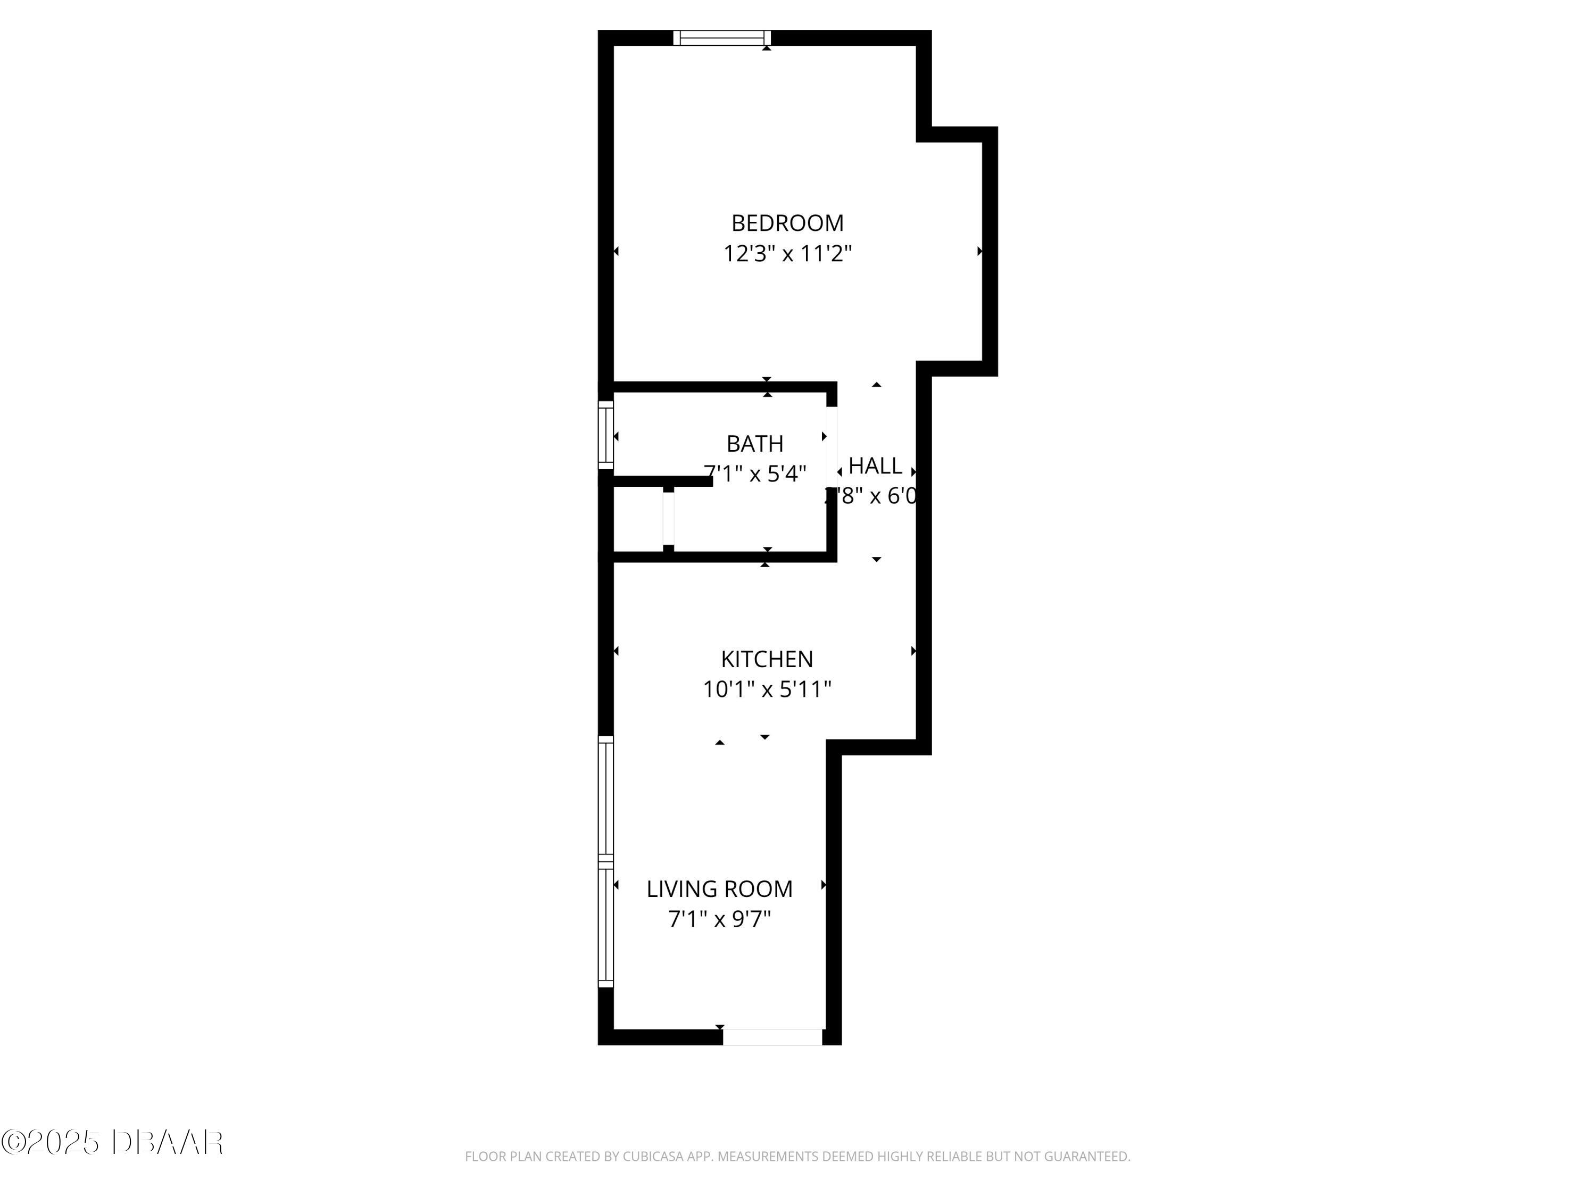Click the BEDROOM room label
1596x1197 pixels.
coord(787,223)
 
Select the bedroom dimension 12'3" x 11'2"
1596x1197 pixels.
coord(787,254)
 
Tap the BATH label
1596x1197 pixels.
coord(755,443)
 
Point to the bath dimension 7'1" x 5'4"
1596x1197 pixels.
coord(755,474)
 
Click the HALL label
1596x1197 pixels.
coord(875,466)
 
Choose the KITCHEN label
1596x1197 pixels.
coord(767,659)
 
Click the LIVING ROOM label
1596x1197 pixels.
coord(719,889)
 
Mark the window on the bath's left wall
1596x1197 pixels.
coord(606,435)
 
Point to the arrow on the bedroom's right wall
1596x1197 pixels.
coord(979,251)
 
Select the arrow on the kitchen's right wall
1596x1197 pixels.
coord(913,651)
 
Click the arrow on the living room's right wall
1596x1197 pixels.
coord(823,885)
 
